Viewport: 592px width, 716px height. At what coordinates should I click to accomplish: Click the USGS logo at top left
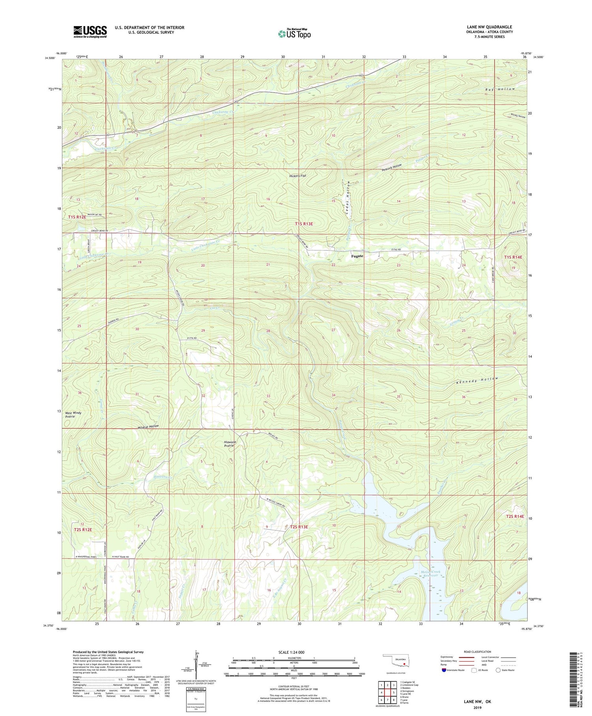[90, 32]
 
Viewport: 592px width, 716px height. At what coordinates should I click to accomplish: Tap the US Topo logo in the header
[294, 34]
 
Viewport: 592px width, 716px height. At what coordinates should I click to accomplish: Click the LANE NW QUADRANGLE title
[489, 27]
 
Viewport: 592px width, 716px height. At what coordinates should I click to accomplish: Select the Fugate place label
[357, 256]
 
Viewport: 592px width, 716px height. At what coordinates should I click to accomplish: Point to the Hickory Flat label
[298, 176]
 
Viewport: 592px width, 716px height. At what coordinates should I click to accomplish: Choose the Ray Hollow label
[500, 89]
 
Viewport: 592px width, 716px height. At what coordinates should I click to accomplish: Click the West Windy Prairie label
[73, 415]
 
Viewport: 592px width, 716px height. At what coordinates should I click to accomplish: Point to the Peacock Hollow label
[392, 167]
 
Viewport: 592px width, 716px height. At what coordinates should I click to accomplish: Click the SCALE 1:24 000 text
[294, 652]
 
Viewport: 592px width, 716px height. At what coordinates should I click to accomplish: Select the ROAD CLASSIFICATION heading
[478, 652]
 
